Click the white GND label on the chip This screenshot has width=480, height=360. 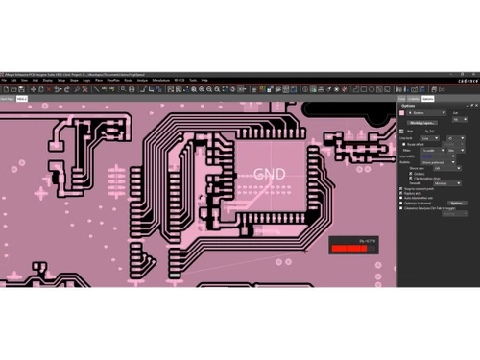pos(270,174)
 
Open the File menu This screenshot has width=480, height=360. pos(4,80)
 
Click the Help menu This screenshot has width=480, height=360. pos(204,80)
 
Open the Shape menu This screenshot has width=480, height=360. pos(73,80)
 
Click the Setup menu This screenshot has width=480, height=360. pos(60,80)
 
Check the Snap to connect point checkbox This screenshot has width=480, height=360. pos(401,189)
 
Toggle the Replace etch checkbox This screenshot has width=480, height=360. pos(401,194)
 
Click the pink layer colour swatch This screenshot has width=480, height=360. pos(402,112)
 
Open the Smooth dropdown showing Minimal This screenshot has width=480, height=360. pos(446,182)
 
